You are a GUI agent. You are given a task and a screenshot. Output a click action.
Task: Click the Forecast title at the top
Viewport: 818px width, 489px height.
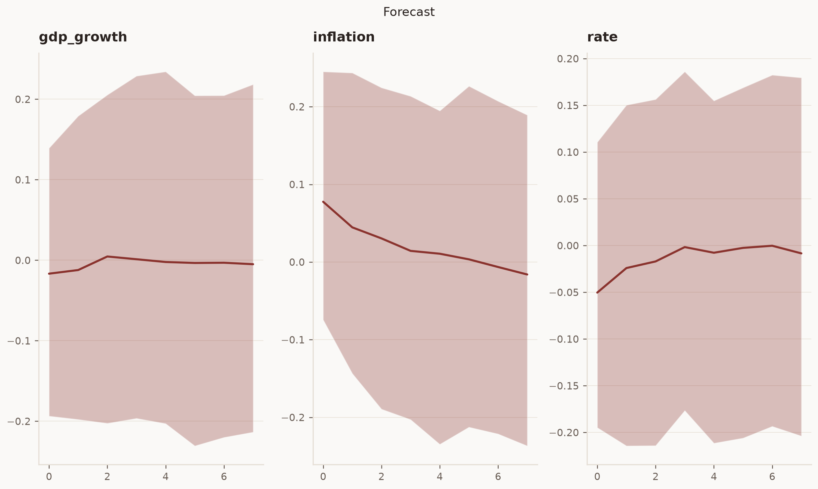click(x=409, y=12)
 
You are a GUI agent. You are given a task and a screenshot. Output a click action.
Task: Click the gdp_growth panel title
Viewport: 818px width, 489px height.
click(x=83, y=37)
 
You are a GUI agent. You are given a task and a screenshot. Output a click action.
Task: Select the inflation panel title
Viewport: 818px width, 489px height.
click(x=344, y=37)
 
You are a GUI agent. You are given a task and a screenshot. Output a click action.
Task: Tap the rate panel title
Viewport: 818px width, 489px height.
click(x=602, y=37)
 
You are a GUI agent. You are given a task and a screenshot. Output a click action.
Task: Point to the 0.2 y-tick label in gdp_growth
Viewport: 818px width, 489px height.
click(x=23, y=99)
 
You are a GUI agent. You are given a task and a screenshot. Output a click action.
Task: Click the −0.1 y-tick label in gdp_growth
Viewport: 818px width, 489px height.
click(x=19, y=341)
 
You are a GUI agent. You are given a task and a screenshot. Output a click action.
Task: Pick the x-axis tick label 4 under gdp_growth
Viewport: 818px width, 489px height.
click(x=166, y=477)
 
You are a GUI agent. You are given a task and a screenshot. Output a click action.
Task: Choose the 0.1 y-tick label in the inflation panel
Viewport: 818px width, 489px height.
click(x=297, y=185)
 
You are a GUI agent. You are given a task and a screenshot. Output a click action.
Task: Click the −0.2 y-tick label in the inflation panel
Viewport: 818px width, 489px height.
click(x=293, y=418)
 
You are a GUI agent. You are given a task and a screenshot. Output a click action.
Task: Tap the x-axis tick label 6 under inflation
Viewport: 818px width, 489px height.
click(x=498, y=477)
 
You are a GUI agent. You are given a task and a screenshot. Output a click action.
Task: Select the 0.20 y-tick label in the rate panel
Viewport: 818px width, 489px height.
click(x=568, y=59)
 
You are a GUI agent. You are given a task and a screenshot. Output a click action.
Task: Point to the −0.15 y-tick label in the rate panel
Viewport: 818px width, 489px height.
click(x=564, y=386)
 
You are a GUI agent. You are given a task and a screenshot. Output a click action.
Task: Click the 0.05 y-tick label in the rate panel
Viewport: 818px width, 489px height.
click(x=568, y=199)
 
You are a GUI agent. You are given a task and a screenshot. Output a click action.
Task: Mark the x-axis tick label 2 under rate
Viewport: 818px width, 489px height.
click(x=656, y=477)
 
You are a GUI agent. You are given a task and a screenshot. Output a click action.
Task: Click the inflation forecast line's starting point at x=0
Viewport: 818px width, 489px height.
click(x=323, y=202)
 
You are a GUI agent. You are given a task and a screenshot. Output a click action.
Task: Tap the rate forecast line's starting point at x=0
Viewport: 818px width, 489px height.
click(x=597, y=293)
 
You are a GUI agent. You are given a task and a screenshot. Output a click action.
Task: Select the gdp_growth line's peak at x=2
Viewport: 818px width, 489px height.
click(x=107, y=256)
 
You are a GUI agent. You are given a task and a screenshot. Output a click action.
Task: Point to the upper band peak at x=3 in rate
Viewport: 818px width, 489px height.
click(x=685, y=72)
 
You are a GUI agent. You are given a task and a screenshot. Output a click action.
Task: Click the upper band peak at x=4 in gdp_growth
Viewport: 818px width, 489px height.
click(x=166, y=72)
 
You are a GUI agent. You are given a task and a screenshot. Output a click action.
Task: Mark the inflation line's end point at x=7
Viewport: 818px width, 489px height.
click(x=527, y=275)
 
